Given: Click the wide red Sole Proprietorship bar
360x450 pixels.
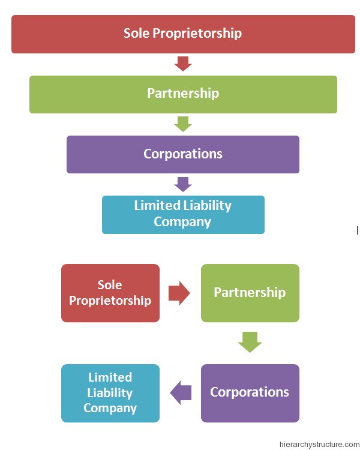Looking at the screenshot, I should tap(182, 34).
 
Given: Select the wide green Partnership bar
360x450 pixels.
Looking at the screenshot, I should tap(182, 94).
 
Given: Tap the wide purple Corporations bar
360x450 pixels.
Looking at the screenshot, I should tap(182, 154).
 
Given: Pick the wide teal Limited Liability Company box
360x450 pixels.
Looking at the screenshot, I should tap(182, 214).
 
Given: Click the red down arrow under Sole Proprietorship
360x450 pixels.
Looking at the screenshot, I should tap(182, 63).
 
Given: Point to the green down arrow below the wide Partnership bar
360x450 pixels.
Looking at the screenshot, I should tap(182, 124).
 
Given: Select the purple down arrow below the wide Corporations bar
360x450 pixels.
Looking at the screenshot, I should tap(182, 184).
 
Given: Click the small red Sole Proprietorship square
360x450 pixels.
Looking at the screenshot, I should tap(110, 293).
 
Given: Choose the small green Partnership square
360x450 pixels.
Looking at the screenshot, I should tap(250, 293).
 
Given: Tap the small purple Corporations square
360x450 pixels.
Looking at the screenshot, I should tap(250, 393).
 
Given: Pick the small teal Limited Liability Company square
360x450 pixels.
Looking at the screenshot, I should tap(110, 393).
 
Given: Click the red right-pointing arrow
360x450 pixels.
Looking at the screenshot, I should tap(179, 293).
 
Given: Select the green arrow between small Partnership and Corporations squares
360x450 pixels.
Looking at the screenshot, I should tap(250, 342).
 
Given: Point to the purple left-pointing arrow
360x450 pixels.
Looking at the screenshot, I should tap(181, 393).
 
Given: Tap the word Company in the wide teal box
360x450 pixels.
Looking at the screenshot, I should tap(182, 221).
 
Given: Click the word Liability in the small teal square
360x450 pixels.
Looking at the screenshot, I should tap(110, 393).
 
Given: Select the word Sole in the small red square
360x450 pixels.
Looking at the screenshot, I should tap(110, 285).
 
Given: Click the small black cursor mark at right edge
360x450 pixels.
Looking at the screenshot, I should tap(357, 230).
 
